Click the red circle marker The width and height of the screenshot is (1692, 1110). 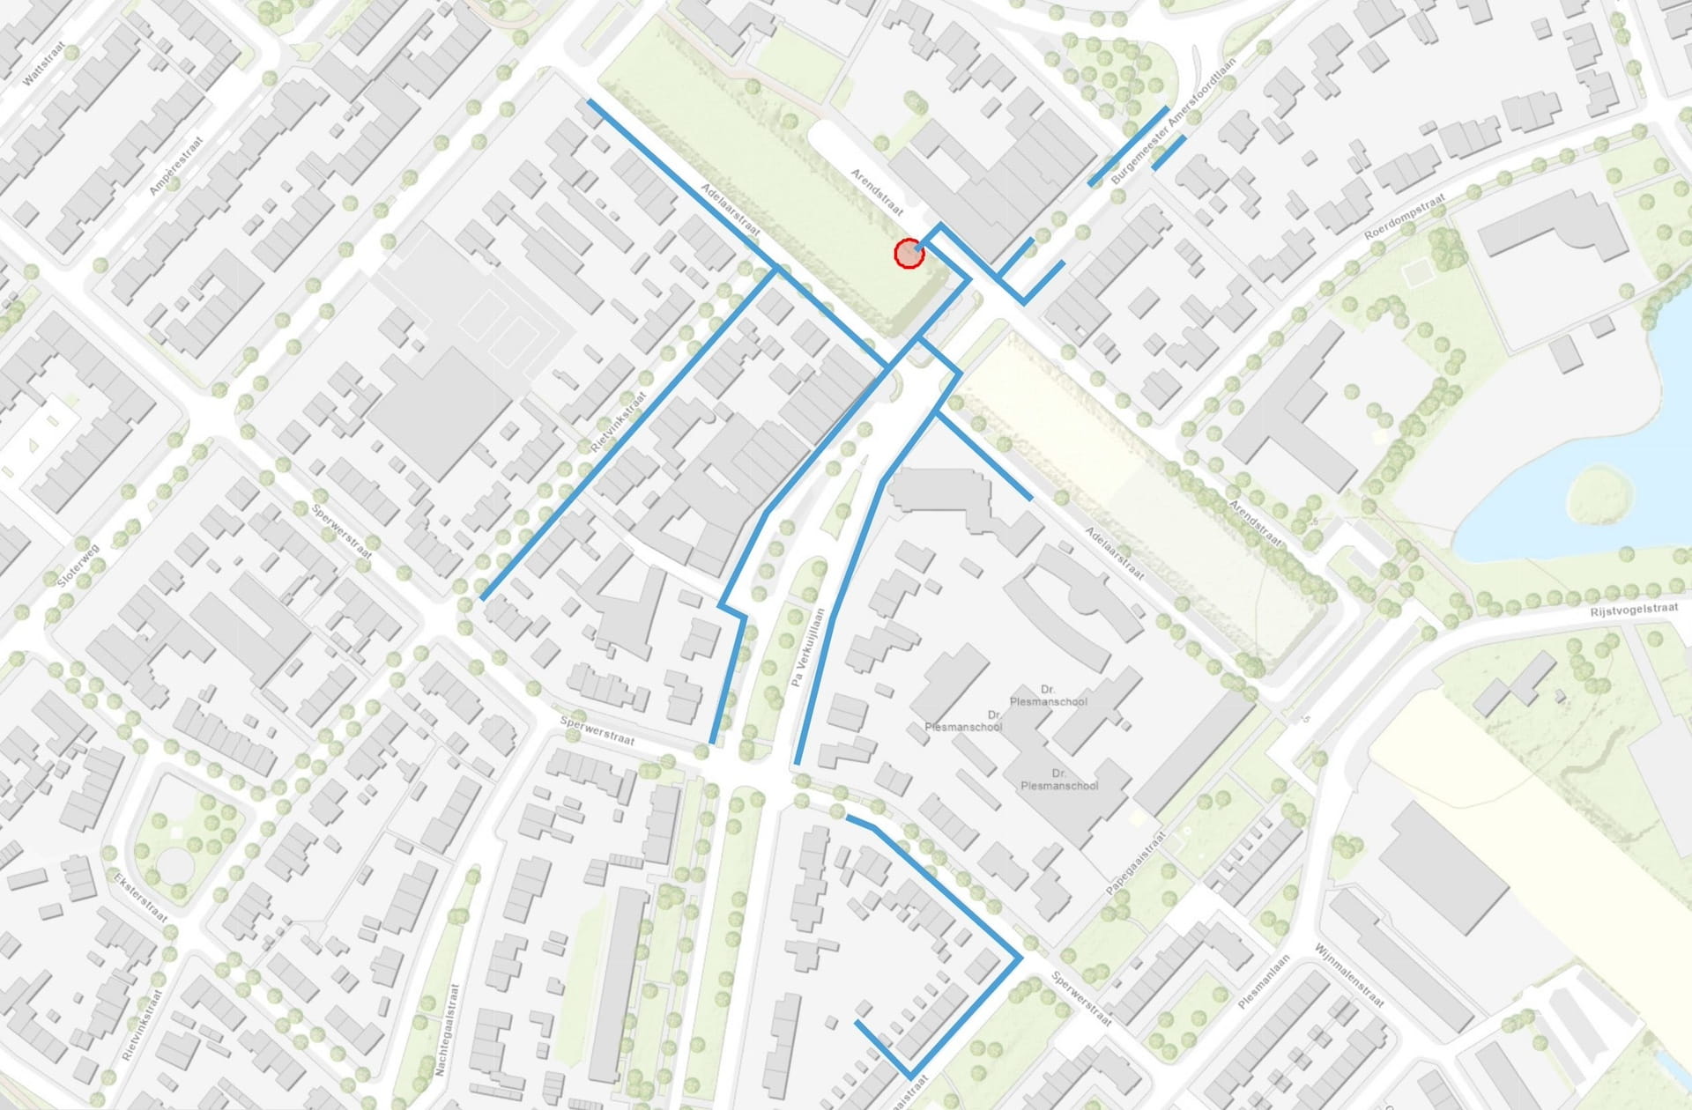tap(909, 254)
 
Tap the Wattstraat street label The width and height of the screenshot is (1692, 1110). tap(44, 66)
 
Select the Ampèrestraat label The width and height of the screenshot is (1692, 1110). tap(176, 165)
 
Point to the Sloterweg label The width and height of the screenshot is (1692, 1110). tap(78, 566)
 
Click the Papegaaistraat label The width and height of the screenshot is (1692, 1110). tap(1136, 862)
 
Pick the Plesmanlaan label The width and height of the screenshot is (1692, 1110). tap(1264, 981)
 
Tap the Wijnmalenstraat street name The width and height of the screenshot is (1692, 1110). tap(1348, 974)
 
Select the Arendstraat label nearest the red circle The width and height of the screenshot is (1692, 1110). tap(877, 192)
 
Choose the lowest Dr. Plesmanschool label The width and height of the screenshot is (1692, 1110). tap(1059, 780)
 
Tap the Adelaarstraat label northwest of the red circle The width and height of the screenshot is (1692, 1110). tap(731, 209)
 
